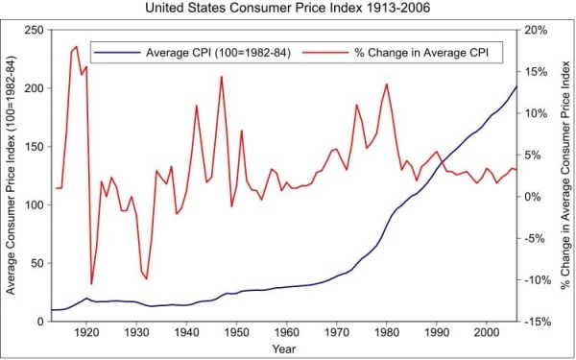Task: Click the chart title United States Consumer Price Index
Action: tap(288, 8)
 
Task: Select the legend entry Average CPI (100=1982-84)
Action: tap(192, 53)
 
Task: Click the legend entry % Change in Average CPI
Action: tap(398, 53)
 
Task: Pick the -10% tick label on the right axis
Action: tap(538, 280)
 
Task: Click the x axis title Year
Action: tap(283, 349)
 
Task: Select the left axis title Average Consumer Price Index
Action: tap(11, 176)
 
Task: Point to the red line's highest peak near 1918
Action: tap(77, 47)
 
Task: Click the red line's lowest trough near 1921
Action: tap(91, 284)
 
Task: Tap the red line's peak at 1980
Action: tap(387, 84)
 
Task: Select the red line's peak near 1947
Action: tap(222, 77)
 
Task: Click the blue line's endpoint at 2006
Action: tap(516, 86)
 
